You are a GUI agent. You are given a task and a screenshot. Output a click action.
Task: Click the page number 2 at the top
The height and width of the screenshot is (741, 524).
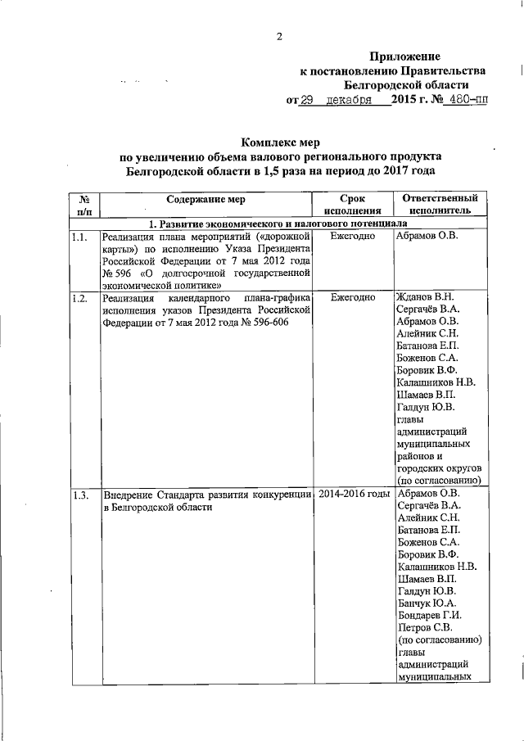[x=278, y=36]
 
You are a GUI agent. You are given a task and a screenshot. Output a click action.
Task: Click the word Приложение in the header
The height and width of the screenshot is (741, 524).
[x=405, y=56]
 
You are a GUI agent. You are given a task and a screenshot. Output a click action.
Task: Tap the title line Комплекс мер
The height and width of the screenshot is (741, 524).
[x=282, y=142]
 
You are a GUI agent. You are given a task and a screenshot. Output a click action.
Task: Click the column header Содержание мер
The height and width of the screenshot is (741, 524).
[x=206, y=198]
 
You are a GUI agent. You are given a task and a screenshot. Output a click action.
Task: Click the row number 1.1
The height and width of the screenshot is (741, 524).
[x=79, y=237]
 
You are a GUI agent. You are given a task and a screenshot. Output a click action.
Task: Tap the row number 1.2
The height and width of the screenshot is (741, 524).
[x=79, y=298]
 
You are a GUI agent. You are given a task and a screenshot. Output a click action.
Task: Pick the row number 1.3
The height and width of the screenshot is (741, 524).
[x=79, y=495]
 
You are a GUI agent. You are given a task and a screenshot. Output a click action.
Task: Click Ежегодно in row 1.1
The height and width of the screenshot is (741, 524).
[x=352, y=237]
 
